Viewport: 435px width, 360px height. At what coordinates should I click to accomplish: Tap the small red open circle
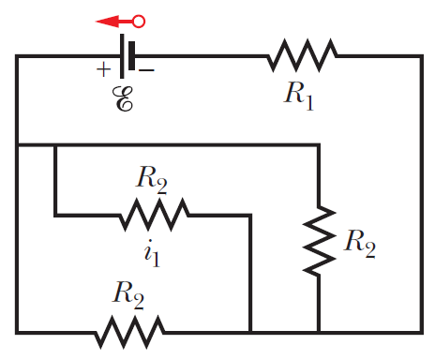[x=139, y=20]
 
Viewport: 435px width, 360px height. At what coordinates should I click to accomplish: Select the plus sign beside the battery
[x=101, y=68]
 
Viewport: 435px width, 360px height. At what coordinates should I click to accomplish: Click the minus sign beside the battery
[x=147, y=68]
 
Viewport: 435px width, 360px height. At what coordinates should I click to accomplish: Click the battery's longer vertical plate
[x=122, y=56]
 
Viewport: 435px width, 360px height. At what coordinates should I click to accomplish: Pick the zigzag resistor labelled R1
[x=301, y=56]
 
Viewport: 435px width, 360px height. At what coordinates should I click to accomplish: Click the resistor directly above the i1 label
[x=154, y=216]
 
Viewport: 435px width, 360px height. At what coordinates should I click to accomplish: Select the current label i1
[x=152, y=254]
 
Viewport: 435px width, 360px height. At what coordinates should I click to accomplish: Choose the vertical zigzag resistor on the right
[x=320, y=239]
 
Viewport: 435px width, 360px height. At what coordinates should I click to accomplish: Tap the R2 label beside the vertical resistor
[x=358, y=241]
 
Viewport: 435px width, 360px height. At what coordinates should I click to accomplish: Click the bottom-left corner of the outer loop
[x=16, y=331]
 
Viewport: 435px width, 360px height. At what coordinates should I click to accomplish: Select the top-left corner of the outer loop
[x=16, y=56]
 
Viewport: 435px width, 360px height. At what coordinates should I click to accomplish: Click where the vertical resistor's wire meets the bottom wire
[x=320, y=331]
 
